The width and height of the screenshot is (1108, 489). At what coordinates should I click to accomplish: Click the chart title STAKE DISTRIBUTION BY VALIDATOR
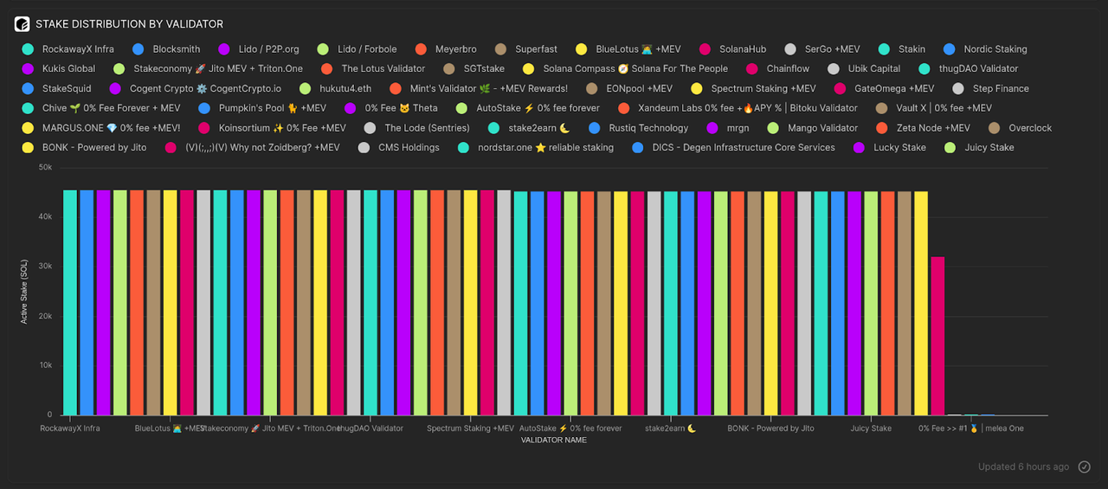129,24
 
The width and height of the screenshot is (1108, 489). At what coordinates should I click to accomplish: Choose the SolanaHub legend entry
742,49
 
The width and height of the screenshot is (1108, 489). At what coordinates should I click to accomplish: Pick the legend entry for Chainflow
788,68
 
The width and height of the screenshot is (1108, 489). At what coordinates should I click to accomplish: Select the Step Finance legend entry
1001,88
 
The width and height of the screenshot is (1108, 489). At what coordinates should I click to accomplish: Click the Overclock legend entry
1030,128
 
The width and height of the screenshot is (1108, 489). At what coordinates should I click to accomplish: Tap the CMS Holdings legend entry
409,147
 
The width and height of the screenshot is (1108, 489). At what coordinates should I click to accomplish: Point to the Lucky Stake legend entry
899,147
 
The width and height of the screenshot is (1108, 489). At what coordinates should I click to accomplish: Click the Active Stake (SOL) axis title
24,292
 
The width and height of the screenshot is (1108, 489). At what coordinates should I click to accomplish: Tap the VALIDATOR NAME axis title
553,440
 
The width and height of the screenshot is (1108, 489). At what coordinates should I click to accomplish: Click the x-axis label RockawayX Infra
70,428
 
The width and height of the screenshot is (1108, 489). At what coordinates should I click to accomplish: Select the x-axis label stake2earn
671,428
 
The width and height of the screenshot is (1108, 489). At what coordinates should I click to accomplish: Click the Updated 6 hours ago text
1023,466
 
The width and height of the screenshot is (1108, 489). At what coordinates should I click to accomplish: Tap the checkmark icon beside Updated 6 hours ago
1085,466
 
